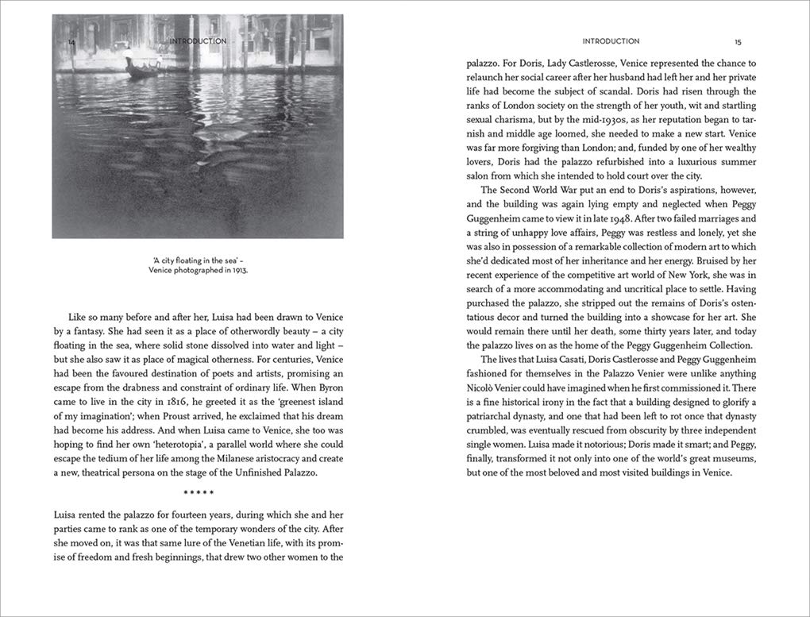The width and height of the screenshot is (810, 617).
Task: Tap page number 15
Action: pos(738,41)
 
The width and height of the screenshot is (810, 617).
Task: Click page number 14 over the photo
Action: pos(71,41)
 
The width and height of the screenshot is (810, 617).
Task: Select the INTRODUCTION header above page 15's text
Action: pos(611,41)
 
